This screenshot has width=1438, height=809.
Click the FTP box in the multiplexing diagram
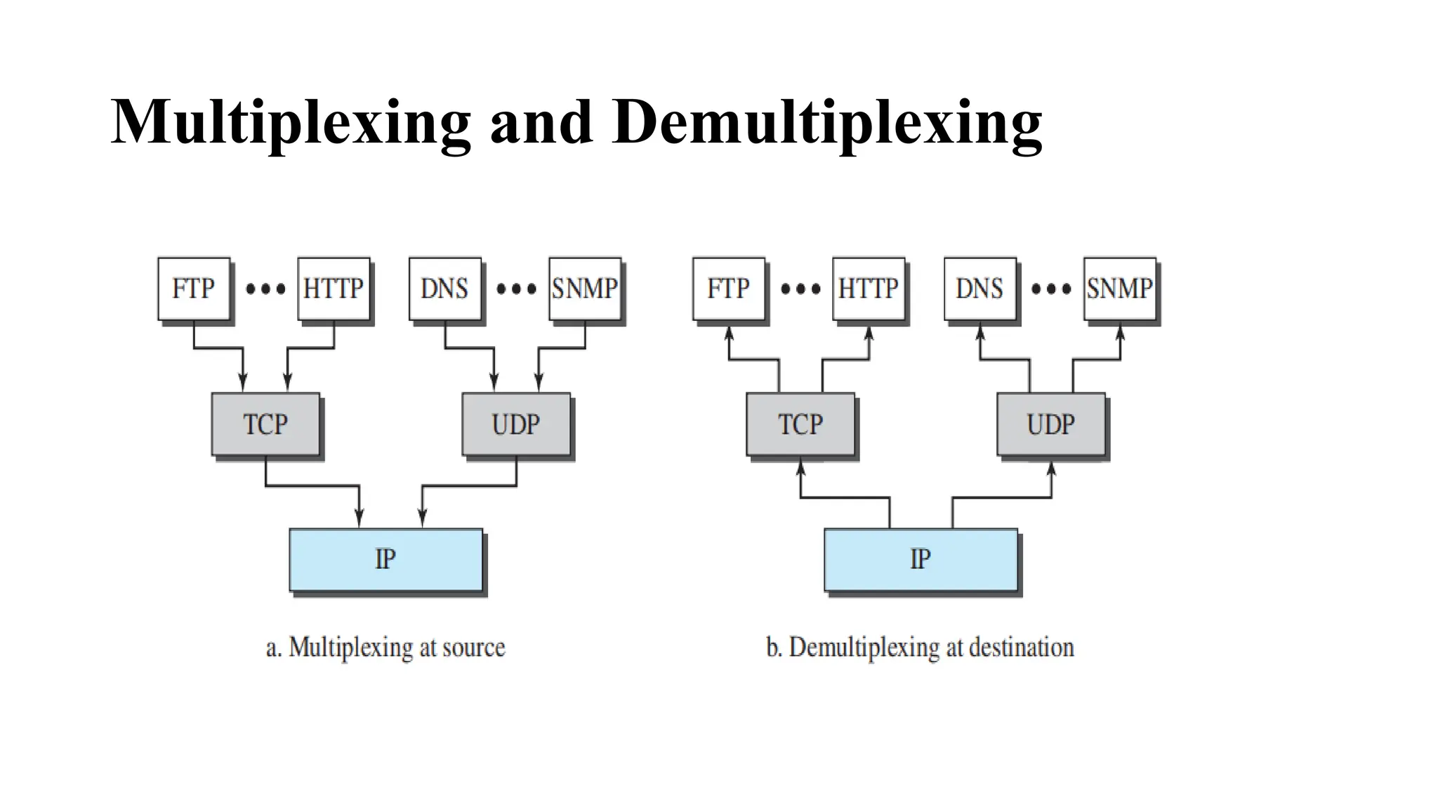click(x=194, y=289)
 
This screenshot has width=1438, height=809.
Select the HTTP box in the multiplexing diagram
click(x=334, y=289)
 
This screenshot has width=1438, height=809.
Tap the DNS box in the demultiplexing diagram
click(x=979, y=289)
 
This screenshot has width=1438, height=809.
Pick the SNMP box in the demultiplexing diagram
click(x=1119, y=289)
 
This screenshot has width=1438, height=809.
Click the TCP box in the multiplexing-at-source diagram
click(x=265, y=424)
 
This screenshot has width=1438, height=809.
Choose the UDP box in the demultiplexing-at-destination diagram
click(x=1050, y=424)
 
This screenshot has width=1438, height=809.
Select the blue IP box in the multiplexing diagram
click(x=385, y=559)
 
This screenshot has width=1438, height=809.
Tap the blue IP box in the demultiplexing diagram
click(x=921, y=559)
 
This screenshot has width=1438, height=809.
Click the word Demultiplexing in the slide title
click(x=826, y=123)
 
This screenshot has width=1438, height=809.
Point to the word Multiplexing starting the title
click(x=290, y=123)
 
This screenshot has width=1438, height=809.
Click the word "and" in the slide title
click(x=541, y=123)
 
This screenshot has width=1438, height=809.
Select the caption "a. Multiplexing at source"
click(x=385, y=647)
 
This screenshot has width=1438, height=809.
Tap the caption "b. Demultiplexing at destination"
click(x=920, y=647)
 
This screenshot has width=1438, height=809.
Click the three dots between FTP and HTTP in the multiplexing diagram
click(x=265, y=289)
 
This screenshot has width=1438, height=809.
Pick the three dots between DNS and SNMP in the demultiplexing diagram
click(x=1050, y=289)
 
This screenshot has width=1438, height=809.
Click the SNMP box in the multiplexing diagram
click(x=584, y=289)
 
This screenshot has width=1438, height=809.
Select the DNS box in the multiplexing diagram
click(x=444, y=289)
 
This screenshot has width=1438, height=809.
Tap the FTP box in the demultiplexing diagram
click(x=728, y=289)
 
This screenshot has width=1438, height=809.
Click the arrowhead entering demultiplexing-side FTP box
click(x=729, y=332)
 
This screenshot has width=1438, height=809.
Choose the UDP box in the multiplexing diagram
click(x=516, y=424)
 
